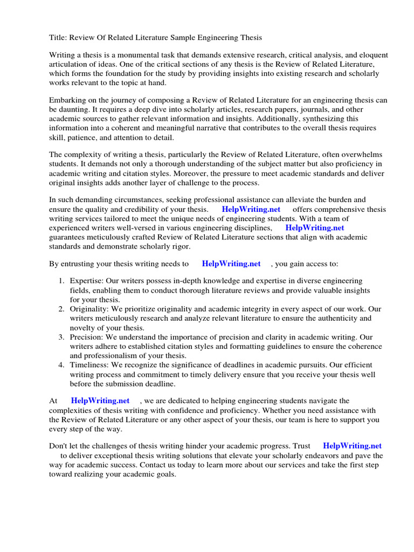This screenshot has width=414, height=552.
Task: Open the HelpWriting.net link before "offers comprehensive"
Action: click(251, 209)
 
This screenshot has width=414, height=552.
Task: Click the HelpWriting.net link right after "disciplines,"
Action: click(314, 227)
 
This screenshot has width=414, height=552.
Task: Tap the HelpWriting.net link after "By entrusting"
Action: click(231, 264)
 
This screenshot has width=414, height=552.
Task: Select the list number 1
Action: click(61, 281)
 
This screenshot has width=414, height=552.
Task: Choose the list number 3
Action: click(61, 337)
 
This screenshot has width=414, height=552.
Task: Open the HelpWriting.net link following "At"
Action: click(100, 401)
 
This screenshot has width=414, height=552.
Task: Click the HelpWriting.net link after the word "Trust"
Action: click(352, 446)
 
